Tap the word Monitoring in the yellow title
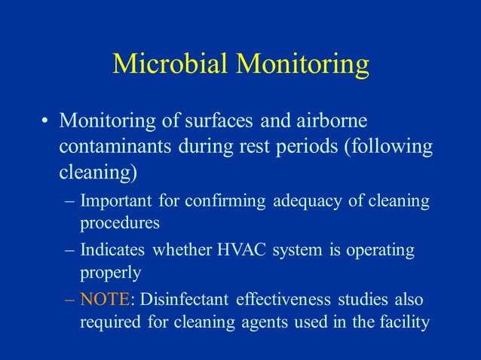(x=302, y=66)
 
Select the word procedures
(x=120, y=224)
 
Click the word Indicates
(x=114, y=251)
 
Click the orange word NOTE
(x=105, y=300)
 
